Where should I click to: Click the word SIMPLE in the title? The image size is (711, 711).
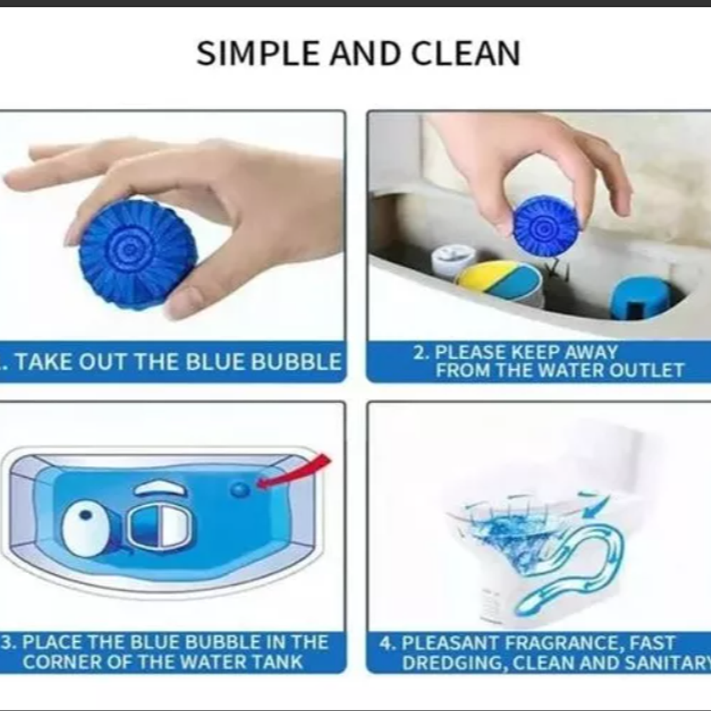click(258, 54)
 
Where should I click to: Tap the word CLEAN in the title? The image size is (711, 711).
click(466, 54)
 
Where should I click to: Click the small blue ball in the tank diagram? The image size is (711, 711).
click(240, 489)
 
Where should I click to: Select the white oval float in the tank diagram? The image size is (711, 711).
click(86, 529)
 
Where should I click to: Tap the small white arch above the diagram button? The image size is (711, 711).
click(160, 489)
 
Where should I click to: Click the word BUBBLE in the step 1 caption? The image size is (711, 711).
click(296, 362)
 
